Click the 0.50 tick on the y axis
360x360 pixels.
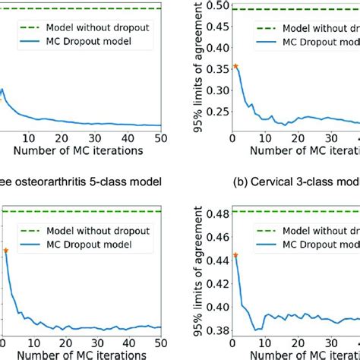point(215,5)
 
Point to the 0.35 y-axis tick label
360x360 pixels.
point(215,67)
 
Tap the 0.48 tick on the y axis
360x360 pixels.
point(215,214)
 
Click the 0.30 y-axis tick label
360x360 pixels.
point(215,88)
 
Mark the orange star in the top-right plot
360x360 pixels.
point(235,66)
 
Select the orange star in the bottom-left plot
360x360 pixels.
point(5,250)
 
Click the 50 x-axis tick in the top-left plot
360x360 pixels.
point(159,138)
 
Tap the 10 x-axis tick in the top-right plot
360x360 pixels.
point(264,138)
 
